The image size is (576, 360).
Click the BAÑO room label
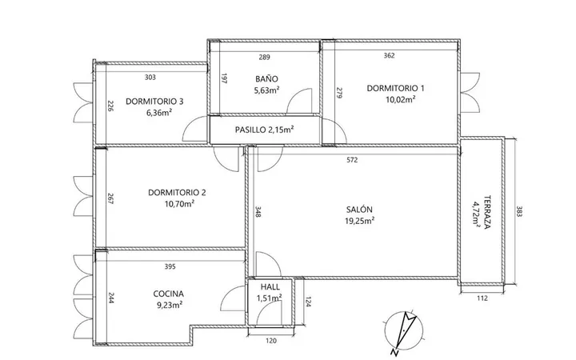(266, 79)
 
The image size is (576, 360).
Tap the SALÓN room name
(359, 210)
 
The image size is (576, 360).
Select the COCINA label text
(168, 294)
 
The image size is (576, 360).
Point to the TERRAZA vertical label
(487, 212)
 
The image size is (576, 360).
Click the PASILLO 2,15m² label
(264, 130)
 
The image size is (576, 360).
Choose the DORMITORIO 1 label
(396, 88)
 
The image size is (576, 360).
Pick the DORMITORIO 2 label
(177, 193)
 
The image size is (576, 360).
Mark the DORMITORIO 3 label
(154, 102)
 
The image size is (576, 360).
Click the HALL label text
(270, 287)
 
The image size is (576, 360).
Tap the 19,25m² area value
(360, 221)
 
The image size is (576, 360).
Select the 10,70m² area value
(180, 203)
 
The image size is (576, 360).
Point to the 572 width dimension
(352, 160)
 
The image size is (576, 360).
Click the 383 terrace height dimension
(519, 211)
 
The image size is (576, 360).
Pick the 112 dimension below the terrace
(482, 298)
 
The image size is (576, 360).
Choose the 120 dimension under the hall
(271, 341)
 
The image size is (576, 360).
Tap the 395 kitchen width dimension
(170, 266)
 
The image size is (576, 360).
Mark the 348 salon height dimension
(258, 212)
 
